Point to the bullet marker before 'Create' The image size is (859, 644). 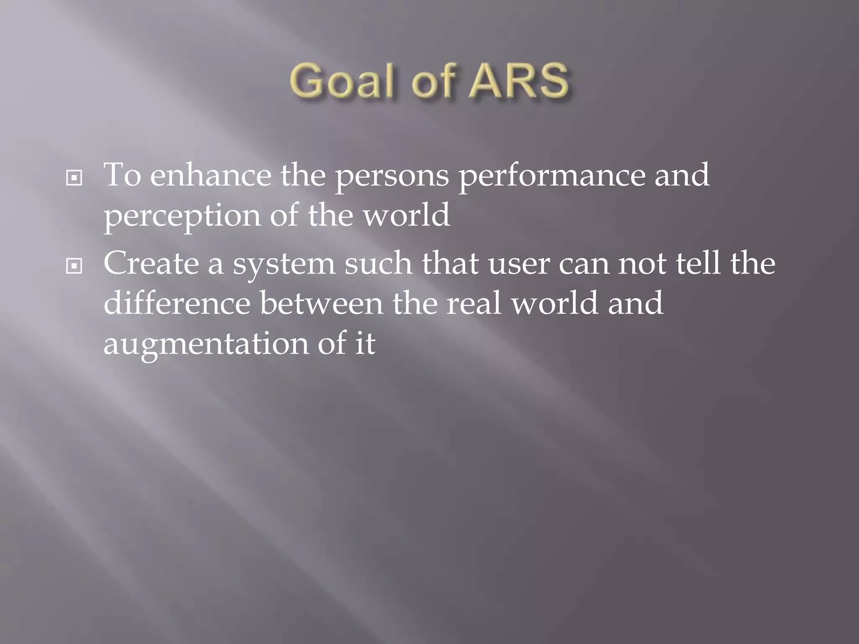[x=74, y=266]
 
